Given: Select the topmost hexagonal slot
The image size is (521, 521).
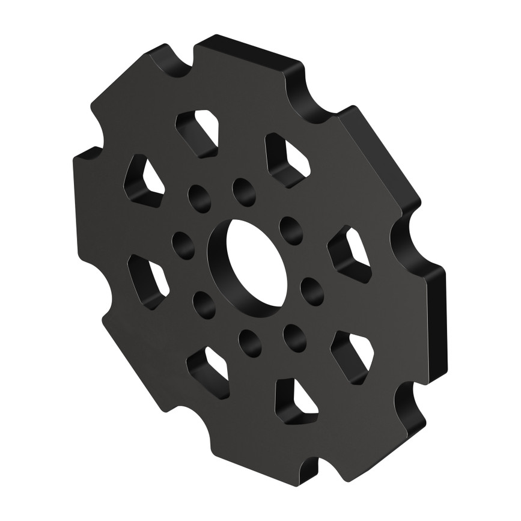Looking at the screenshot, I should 198,133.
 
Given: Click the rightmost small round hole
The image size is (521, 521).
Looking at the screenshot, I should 312,291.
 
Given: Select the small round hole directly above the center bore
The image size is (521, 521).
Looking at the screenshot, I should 244,192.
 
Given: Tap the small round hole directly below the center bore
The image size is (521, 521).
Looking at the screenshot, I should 250,343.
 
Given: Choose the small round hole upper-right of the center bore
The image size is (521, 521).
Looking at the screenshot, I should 291,231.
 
